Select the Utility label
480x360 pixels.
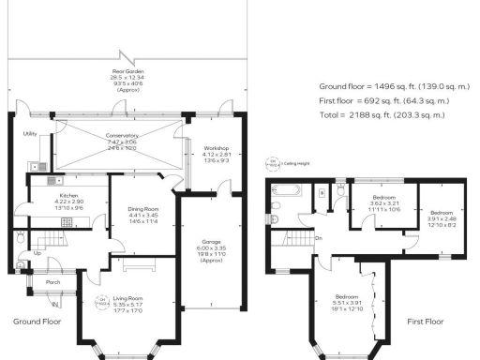pos(29,134)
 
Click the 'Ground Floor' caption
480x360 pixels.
pos(38,321)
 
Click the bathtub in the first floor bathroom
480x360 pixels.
pos(283,191)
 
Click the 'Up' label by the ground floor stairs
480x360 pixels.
pos(37,253)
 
